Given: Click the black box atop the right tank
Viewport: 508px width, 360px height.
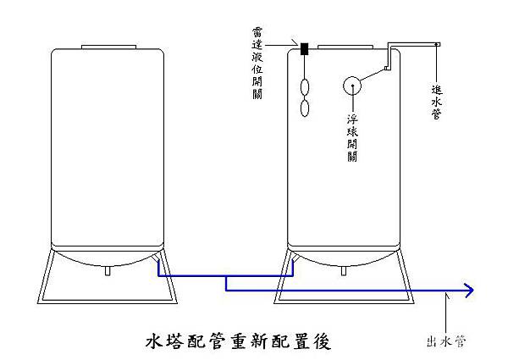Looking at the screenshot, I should click(x=302, y=49).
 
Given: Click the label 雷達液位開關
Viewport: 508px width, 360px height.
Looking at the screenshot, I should click(x=258, y=64).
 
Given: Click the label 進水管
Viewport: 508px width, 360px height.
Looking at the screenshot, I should click(x=436, y=100).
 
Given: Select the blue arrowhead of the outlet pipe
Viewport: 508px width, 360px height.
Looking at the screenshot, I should click(x=468, y=291).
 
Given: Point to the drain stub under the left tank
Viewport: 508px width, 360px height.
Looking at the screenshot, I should click(x=107, y=272).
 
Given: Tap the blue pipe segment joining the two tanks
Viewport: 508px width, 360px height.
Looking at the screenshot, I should click(x=224, y=276).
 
